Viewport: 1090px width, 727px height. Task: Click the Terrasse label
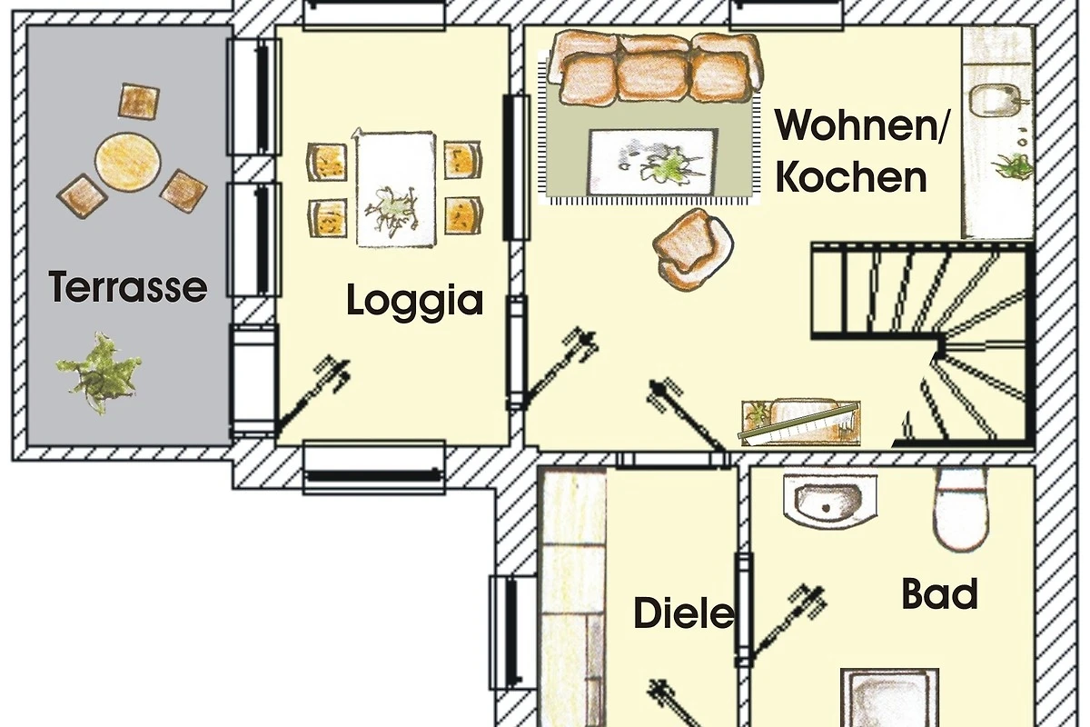point(128,287)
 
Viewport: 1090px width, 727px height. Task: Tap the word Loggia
point(414,302)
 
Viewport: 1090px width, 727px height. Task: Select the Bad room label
point(939,593)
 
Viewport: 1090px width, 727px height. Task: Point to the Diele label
point(684,613)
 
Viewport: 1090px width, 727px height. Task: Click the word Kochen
point(851,177)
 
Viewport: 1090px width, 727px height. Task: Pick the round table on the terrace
point(128,159)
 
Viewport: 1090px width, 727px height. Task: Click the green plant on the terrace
point(99,373)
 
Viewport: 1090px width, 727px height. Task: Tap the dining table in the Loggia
point(396,188)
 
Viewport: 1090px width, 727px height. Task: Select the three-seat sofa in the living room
point(655,68)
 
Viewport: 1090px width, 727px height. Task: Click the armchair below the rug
point(693,249)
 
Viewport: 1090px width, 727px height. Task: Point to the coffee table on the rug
point(653,162)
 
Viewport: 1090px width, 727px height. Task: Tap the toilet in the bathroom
point(961,508)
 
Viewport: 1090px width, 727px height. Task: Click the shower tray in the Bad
point(889,698)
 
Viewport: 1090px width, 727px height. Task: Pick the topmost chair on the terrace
point(139,101)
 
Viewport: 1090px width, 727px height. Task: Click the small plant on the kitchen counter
point(1013,165)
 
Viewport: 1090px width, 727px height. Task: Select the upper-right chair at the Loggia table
point(462,160)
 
